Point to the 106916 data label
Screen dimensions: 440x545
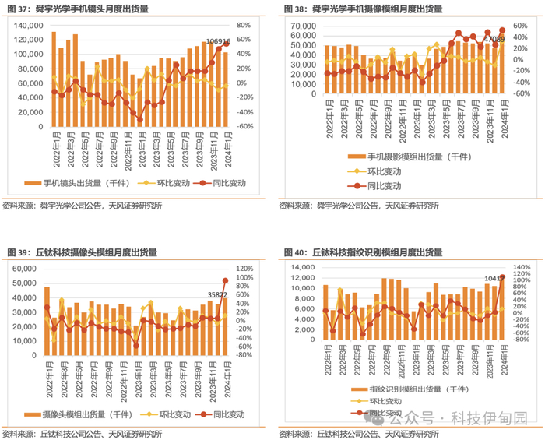point(216,42)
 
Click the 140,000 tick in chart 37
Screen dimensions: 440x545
point(28,25)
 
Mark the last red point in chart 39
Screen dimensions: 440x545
point(225,280)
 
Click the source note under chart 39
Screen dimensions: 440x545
point(82,433)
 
